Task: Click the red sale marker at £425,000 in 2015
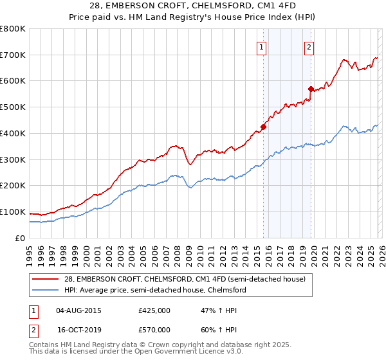point(264,127)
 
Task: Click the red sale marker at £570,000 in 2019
point(311,89)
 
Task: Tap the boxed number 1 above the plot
point(262,46)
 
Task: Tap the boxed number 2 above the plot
point(309,46)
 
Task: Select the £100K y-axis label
point(13,212)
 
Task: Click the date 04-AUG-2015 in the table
point(78,310)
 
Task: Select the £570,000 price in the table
point(154,329)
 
